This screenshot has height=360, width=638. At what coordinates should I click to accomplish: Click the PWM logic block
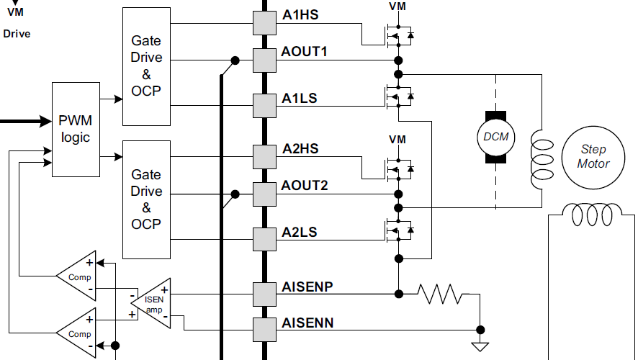pos(76,130)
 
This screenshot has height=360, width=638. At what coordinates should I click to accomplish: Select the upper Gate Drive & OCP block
pos(147,66)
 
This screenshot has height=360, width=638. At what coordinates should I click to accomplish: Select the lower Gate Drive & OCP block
pos(147,199)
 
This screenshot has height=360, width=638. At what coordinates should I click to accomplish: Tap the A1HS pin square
pos(265,23)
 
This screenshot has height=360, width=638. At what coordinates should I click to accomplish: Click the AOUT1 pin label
pos(305,53)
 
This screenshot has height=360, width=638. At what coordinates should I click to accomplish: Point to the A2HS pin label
pos(300,149)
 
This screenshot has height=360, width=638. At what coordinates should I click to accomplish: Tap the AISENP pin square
pos(265,293)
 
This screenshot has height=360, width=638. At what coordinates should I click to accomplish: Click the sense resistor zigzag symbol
pos(441,293)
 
